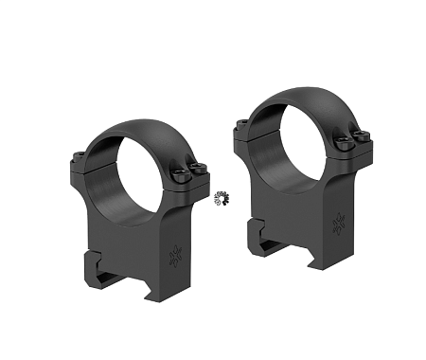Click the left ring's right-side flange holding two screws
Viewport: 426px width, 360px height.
(189, 176)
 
